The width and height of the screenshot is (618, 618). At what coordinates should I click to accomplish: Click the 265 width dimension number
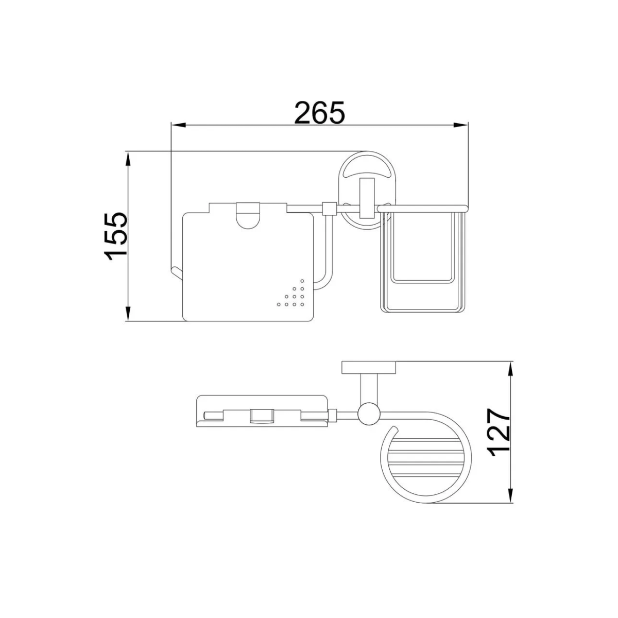319,113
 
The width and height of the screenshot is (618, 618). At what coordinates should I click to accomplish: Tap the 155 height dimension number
116,236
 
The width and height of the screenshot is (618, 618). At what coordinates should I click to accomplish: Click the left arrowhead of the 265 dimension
179,125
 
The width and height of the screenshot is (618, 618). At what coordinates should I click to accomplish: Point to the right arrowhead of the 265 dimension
460,125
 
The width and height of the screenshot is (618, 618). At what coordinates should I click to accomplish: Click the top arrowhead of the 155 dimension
128,159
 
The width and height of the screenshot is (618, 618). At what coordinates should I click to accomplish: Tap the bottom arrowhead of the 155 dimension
128,313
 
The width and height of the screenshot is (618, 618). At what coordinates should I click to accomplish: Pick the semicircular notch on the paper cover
248,218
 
